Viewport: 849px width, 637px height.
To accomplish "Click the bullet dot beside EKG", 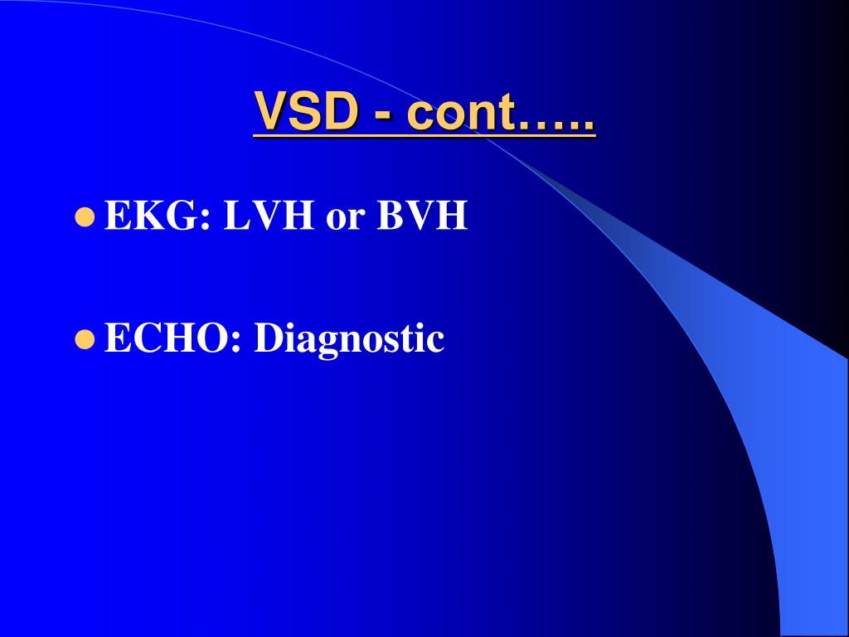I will tap(83, 218).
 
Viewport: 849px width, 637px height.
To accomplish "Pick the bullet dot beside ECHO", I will tap(83, 338).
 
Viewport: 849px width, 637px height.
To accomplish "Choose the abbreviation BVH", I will tap(422, 216).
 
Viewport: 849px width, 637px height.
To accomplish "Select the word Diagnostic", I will tap(349, 340).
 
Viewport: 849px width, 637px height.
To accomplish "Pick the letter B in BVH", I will tap(391, 216).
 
